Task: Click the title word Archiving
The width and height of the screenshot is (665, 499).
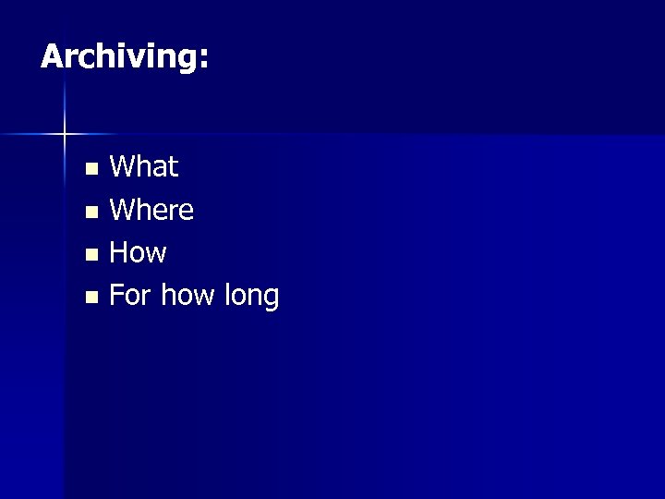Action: (x=118, y=57)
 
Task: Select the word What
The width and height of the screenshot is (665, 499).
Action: (x=144, y=167)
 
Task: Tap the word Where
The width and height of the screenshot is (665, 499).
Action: (x=151, y=211)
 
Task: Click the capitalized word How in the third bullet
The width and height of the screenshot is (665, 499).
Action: (x=138, y=253)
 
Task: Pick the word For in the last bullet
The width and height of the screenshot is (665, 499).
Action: (x=131, y=297)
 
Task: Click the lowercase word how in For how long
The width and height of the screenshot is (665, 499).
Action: (x=188, y=297)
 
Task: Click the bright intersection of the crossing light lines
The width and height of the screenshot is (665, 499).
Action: (x=65, y=135)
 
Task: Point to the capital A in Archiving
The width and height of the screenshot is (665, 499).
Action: (x=52, y=57)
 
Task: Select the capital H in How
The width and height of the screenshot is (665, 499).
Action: (x=119, y=253)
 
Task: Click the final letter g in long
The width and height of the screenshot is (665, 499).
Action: (x=270, y=300)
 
